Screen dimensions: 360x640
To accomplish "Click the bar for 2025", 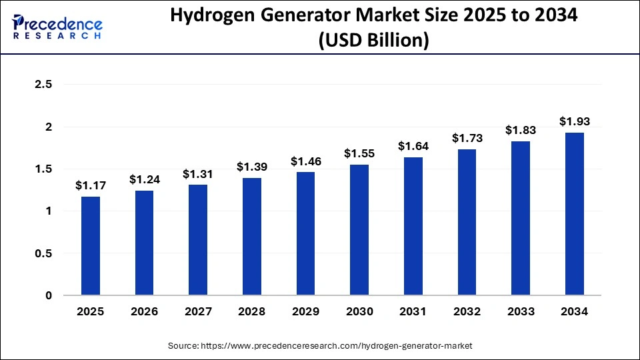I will click(x=91, y=246).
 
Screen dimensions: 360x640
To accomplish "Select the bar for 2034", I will click(x=575, y=214).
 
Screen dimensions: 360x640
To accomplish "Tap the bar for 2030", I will click(x=359, y=230).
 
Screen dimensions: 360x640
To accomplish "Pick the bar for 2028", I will click(x=252, y=237).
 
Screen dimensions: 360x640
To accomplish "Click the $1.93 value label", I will click(x=575, y=121).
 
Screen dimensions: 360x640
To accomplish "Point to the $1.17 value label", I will click(x=91, y=185).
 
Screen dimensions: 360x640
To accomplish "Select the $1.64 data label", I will click(x=413, y=146).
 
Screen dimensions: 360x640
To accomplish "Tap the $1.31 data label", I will click(x=198, y=174).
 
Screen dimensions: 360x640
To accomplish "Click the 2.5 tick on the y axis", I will click(x=43, y=85).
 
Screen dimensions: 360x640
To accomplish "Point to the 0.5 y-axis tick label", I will click(x=43, y=253).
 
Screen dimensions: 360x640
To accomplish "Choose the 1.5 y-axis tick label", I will click(x=43, y=169).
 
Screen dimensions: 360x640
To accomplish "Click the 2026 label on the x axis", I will click(x=144, y=311).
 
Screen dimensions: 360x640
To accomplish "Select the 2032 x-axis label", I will click(x=467, y=311).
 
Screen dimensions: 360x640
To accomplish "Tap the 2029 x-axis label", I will click(x=305, y=311).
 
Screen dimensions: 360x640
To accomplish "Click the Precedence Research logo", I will click(x=57, y=27).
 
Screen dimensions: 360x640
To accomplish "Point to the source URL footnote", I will click(x=319, y=345).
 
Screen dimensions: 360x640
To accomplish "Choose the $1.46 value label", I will click(x=305, y=161).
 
